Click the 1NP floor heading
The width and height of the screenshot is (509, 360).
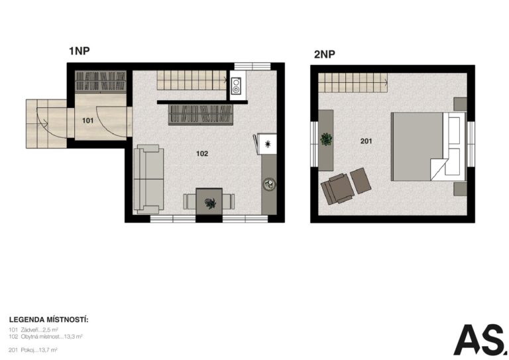pos(80,50)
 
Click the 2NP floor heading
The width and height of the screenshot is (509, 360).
pos(324,54)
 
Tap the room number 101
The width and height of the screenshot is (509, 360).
pos(87,121)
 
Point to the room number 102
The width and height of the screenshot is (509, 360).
pos(202,154)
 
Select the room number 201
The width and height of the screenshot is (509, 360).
pos(366,141)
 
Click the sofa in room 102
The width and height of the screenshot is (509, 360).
pos(148,179)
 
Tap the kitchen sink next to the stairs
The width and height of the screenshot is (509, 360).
pos(236,86)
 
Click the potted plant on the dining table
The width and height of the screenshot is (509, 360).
pos(210,204)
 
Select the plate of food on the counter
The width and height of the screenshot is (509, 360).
pos(269,184)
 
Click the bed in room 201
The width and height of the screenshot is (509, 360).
pos(428,147)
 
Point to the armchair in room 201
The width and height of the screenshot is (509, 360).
pos(337,189)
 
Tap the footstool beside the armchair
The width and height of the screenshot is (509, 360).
pos(361,180)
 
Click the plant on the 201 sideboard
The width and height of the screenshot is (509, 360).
pos(326,139)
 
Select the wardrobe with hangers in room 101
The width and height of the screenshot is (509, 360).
pos(101,81)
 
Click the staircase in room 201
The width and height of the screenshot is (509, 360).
pos(353,82)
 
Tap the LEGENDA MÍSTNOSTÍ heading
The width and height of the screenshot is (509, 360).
pos(48,320)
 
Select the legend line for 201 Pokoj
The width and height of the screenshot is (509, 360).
pos(33,350)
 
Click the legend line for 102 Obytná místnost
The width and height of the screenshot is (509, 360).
pos(46,337)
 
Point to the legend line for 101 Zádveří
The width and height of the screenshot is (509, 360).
pos(33,330)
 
